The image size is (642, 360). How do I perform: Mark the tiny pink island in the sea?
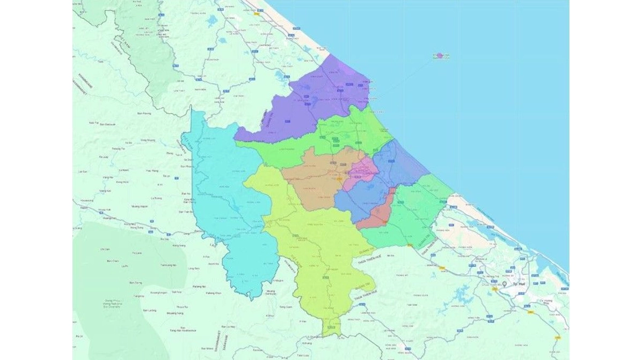[440, 55]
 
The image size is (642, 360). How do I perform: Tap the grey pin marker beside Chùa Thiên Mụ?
[505, 283]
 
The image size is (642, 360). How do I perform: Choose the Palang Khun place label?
[213, 293]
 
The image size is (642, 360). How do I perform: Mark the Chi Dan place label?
[105, 249]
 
